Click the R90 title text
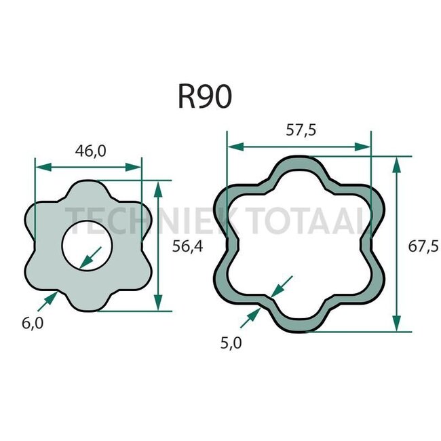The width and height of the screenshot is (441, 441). (x=205, y=97)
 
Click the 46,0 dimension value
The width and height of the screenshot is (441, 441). (x=90, y=151)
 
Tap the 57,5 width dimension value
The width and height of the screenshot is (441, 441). (x=301, y=131)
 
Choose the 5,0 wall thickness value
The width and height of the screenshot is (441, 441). (x=231, y=343)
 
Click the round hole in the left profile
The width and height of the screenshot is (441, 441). (x=89, y=245)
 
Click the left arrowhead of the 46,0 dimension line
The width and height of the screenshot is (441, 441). (x=39, y=166)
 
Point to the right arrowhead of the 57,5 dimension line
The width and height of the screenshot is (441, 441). (x=366, y=145)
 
